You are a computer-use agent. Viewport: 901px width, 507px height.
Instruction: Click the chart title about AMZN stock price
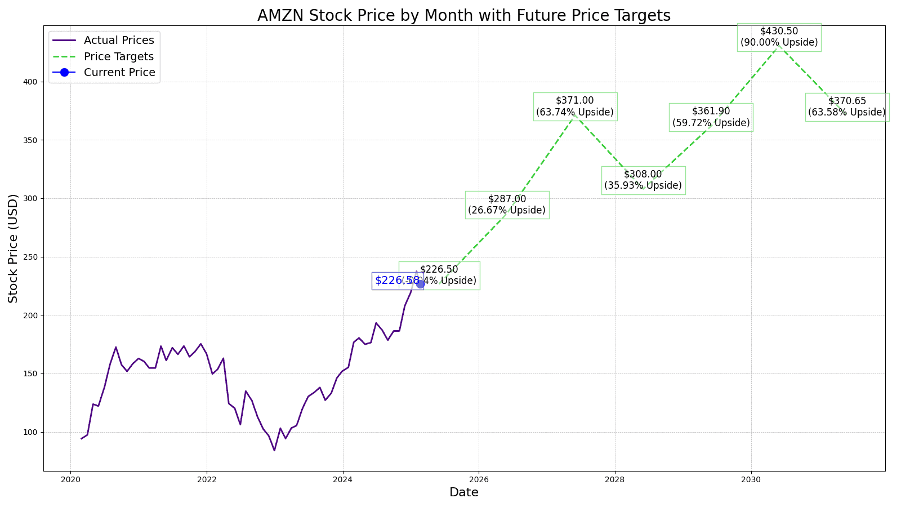pyautogui.click(x=463, y=15)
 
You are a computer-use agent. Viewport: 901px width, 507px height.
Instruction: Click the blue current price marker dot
pyautogui.click(x=420, y=284)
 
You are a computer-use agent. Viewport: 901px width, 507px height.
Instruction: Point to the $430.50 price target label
pyautogui.click(x=779, y=37)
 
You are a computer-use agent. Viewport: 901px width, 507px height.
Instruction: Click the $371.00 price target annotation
pyautogui.click(x=574, y=106)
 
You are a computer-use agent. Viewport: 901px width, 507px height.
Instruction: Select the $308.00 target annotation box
pyautogui.click(x=643, y=180)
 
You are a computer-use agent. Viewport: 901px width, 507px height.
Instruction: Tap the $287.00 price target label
pyautogui.click(x=507, y=205)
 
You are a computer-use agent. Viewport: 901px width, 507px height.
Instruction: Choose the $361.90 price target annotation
pyautogui.click(x=711, y=117)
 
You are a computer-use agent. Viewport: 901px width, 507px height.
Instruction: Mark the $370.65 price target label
pyautogui.click(x=847, y=107)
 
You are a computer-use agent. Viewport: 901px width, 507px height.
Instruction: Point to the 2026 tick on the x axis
pyautogui.click(x=479, y=479)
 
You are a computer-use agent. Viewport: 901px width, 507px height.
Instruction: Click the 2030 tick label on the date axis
pyautogui.click(x=751, y=479)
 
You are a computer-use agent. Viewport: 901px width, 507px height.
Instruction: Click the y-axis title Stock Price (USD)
pyautogui.click(x=13, y=248)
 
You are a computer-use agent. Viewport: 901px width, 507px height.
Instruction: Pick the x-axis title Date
pyautogui.click(x=463, y=493)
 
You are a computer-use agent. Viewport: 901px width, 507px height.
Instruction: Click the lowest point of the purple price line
pyautogui.click(x=274, y=450)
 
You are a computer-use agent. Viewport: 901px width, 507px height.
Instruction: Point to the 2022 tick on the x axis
pyautogui.click(x=207, y=479)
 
